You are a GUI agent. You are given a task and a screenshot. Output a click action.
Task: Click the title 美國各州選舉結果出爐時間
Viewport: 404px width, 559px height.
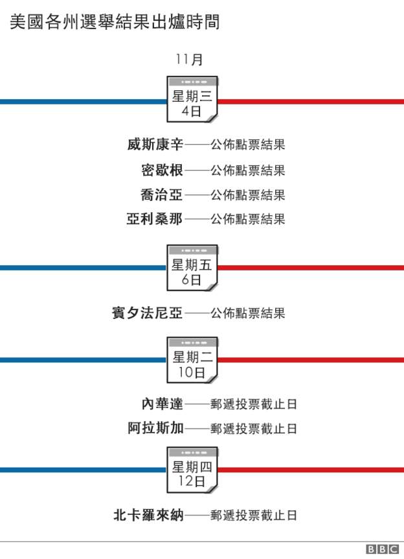(x=114, y=22)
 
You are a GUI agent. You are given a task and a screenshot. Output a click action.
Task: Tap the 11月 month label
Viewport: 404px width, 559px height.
(x=189, y=59)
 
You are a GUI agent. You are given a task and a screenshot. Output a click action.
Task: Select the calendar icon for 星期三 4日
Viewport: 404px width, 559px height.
(x=192, y=99)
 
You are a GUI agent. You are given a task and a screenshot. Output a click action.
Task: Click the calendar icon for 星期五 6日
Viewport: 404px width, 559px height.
(x=192, y=268)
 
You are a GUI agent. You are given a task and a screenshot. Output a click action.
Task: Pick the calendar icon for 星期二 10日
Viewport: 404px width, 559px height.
(x=192, y=360)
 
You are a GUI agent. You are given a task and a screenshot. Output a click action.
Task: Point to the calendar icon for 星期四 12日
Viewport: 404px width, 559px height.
(x=192, y=470)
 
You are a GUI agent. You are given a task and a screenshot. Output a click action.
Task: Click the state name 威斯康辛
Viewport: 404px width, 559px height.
(x=155, y=145)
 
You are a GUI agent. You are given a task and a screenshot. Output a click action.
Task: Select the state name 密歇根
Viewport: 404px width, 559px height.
(x=162, y=170)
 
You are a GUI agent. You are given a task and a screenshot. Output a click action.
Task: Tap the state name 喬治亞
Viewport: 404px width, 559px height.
(x=162, y=195)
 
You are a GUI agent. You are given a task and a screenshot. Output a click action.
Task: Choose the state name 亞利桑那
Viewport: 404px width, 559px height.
(x=155, y=219)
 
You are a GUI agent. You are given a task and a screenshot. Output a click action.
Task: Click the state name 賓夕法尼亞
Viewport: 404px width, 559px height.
(x=148, y=313)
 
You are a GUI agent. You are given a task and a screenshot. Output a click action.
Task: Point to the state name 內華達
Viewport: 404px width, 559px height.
(x=163, y=403)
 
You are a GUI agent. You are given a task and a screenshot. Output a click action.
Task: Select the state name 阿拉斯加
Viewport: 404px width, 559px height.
(x=155, y=428)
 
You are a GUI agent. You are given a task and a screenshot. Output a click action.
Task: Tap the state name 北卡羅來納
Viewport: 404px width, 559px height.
(x=148, y=515)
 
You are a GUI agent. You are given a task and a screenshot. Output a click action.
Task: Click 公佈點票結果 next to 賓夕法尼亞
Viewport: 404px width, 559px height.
(x=248, y=313)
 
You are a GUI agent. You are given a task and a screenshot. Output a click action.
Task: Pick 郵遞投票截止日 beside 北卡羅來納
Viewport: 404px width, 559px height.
(x=253, y=515)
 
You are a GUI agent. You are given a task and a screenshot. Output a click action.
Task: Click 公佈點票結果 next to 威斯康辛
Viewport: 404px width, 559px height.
(x=248, y=145)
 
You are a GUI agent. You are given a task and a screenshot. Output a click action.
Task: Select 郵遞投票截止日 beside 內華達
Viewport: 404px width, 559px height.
(x=253, y=404)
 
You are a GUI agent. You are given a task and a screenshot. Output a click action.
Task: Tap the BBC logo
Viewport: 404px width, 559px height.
(x=382, y=549)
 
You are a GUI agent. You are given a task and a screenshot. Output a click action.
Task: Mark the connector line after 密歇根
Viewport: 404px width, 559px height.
(x=197, y=171)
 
